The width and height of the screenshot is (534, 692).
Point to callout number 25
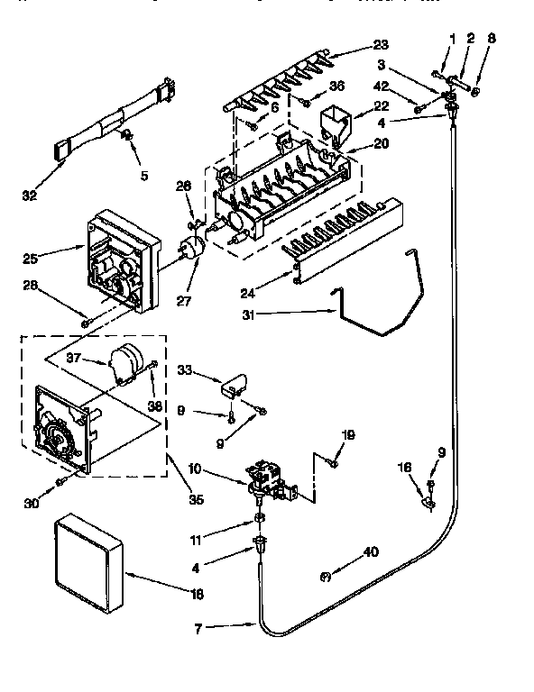click(31, 259)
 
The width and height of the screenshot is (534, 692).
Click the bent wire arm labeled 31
click(379, 306)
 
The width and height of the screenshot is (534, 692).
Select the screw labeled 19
click(331, 464)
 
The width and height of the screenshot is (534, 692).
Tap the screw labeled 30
click(60, 483)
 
